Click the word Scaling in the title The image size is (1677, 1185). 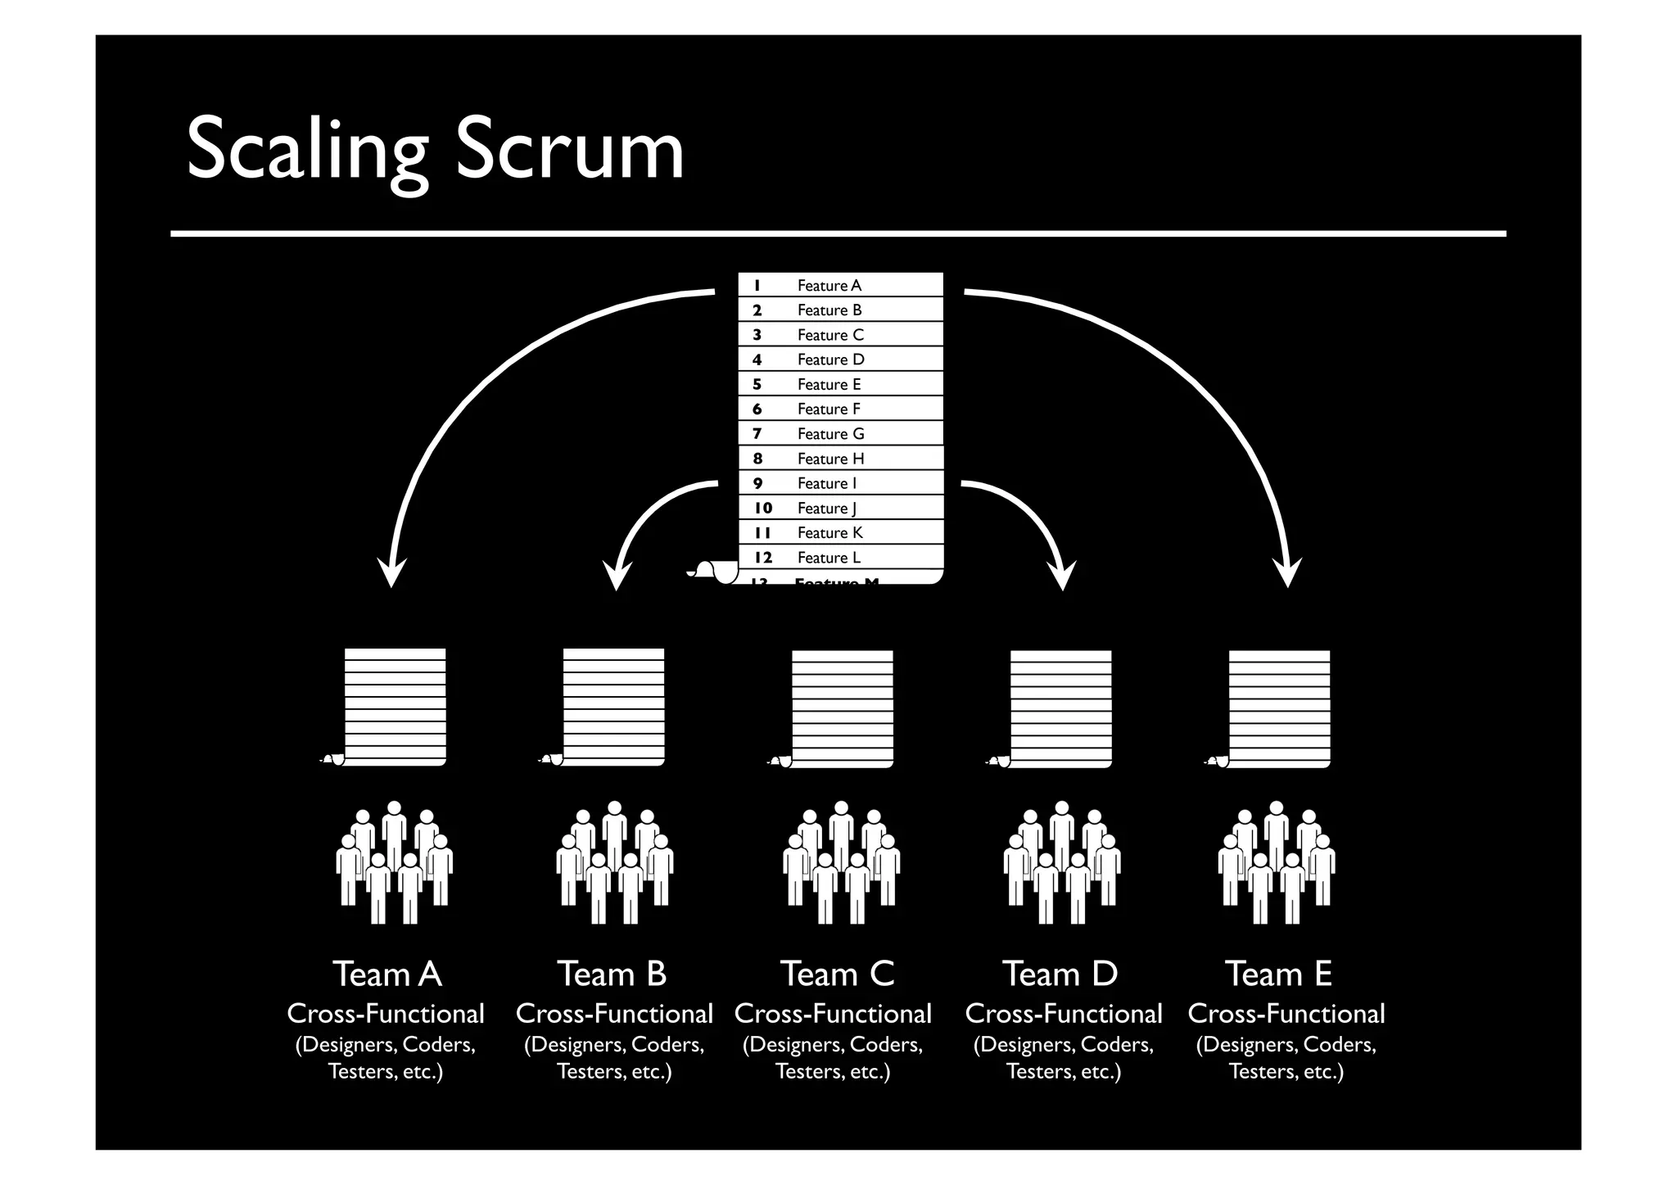(307, 149)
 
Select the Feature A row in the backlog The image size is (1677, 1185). (829, 286)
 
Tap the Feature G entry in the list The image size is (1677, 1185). (830, 434)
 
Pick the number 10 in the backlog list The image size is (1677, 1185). (762, 508)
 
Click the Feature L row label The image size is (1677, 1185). (829, 558)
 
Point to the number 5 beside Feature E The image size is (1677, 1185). (757, 385)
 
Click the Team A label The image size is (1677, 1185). (387, 975)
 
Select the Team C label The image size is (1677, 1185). (837, 975)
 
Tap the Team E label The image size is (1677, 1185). (1278, 975)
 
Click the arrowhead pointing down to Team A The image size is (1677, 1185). (391, 572)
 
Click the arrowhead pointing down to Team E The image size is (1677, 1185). (1287, 572)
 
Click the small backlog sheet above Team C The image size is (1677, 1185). (841, 708)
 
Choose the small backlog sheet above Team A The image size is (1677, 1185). (394, 707)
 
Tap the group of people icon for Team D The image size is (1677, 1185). (1062, 862)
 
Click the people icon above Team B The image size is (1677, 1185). (614, 862)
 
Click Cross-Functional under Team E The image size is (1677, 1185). (1286, 1014)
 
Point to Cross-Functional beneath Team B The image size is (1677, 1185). (614, 1014)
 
